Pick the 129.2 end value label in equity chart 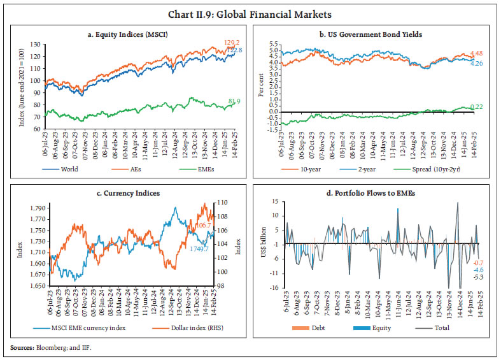coord(232,43)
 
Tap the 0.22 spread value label coord(476,106)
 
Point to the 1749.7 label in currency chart coord(198,248)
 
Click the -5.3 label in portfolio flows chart coord(477,277)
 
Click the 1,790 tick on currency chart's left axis coord(37,208)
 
